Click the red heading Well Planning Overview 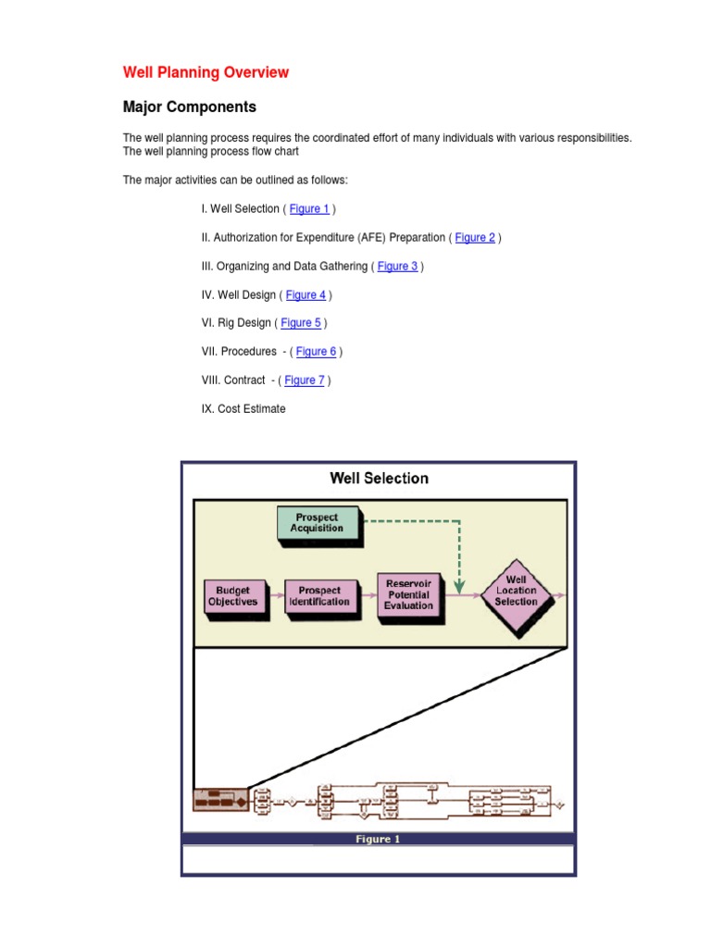[206, 72]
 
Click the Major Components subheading [190, 106]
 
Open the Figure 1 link [309, 209]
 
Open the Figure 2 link [475, 238]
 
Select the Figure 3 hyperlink [397, 267]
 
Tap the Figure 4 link [306, 295]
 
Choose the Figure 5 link [301, 323]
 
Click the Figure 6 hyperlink [316, 352]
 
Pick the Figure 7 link [305, 380]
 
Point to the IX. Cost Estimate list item [243, 409]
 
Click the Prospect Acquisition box [317, 523]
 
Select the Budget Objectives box [232, 596]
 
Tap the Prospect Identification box [318, 596]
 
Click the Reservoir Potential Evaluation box [408, 594]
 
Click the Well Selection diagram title [379, 479]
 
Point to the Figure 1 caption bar [379, 840]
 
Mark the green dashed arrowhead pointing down [459, 586]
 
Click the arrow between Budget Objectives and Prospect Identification [275, 596]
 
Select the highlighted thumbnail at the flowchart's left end [220, 800]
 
